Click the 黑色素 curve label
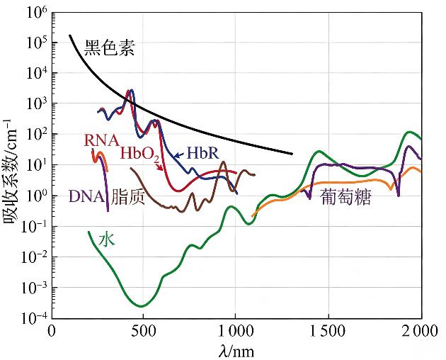coord(109,47)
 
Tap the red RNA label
coord(101,140)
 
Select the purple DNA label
coord(86,196)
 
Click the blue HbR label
coord(203,153)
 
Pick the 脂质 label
coord(127,196)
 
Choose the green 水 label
coord(107,240)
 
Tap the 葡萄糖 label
coord(346,198)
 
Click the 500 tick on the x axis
coord(143,331)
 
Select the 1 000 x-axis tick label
coord(235,331)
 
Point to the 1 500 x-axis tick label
coord(328,331)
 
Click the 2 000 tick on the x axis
coord(421,331)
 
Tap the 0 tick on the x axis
coord(52,331)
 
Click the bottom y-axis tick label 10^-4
coord(34,317)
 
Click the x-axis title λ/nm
coord(236,351)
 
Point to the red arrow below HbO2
coord(159,167)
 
